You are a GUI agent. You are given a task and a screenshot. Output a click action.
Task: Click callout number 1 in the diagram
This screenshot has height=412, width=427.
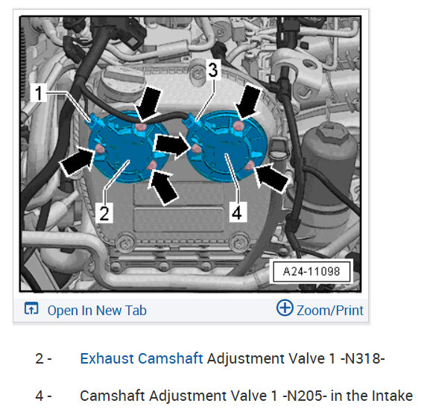point(39,93)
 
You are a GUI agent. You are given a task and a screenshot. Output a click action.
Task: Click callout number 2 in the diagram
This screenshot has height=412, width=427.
point(104,213)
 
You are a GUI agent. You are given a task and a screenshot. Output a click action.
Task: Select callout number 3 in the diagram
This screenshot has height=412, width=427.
point(213,70)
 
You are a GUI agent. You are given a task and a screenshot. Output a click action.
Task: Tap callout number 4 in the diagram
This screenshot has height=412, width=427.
point(238,212)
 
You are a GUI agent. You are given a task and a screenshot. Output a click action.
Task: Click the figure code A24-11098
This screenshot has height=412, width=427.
point(311,271)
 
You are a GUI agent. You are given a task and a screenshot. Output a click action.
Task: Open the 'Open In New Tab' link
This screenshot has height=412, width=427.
point(97,311)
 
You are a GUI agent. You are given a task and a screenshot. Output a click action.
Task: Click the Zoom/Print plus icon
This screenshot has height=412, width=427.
point(285,308)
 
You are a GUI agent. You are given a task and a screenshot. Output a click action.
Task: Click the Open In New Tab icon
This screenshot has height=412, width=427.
point(31,308)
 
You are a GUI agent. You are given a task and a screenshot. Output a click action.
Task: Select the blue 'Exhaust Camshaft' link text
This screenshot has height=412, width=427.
point(142,358)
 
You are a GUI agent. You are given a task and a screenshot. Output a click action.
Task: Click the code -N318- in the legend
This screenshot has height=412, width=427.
point(362,358)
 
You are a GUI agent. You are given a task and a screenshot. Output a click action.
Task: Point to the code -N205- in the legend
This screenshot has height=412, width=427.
point(305,396)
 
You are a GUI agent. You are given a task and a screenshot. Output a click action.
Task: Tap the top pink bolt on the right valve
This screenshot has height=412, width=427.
point(238,126)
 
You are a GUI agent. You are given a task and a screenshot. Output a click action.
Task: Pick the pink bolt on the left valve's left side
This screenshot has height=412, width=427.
point(100,149)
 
